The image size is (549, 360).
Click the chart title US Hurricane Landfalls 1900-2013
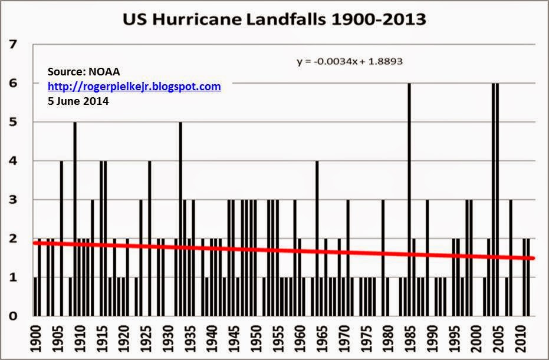tap(274, 19)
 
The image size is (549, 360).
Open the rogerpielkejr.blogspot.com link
tap(134, 87)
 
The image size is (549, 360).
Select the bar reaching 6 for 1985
tap(409, 200)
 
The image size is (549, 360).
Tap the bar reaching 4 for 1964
tap(317, 236)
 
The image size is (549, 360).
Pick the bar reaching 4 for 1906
tap(61, 236)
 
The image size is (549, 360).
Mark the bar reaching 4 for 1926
tap(150, 236)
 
